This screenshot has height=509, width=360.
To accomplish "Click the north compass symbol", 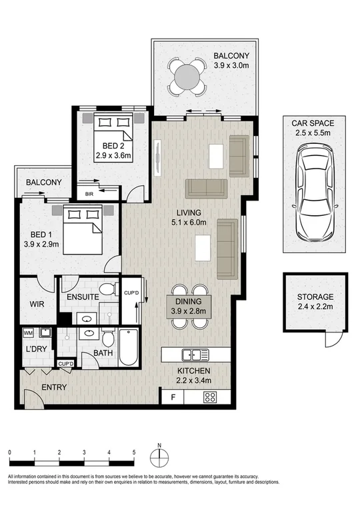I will point(160,458).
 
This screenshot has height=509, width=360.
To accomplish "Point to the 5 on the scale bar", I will point(134,452).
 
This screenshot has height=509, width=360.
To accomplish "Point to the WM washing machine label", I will point(28,332).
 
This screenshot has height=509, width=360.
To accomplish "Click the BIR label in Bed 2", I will point(89,195).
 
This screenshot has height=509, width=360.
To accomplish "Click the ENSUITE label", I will point(82,296).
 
